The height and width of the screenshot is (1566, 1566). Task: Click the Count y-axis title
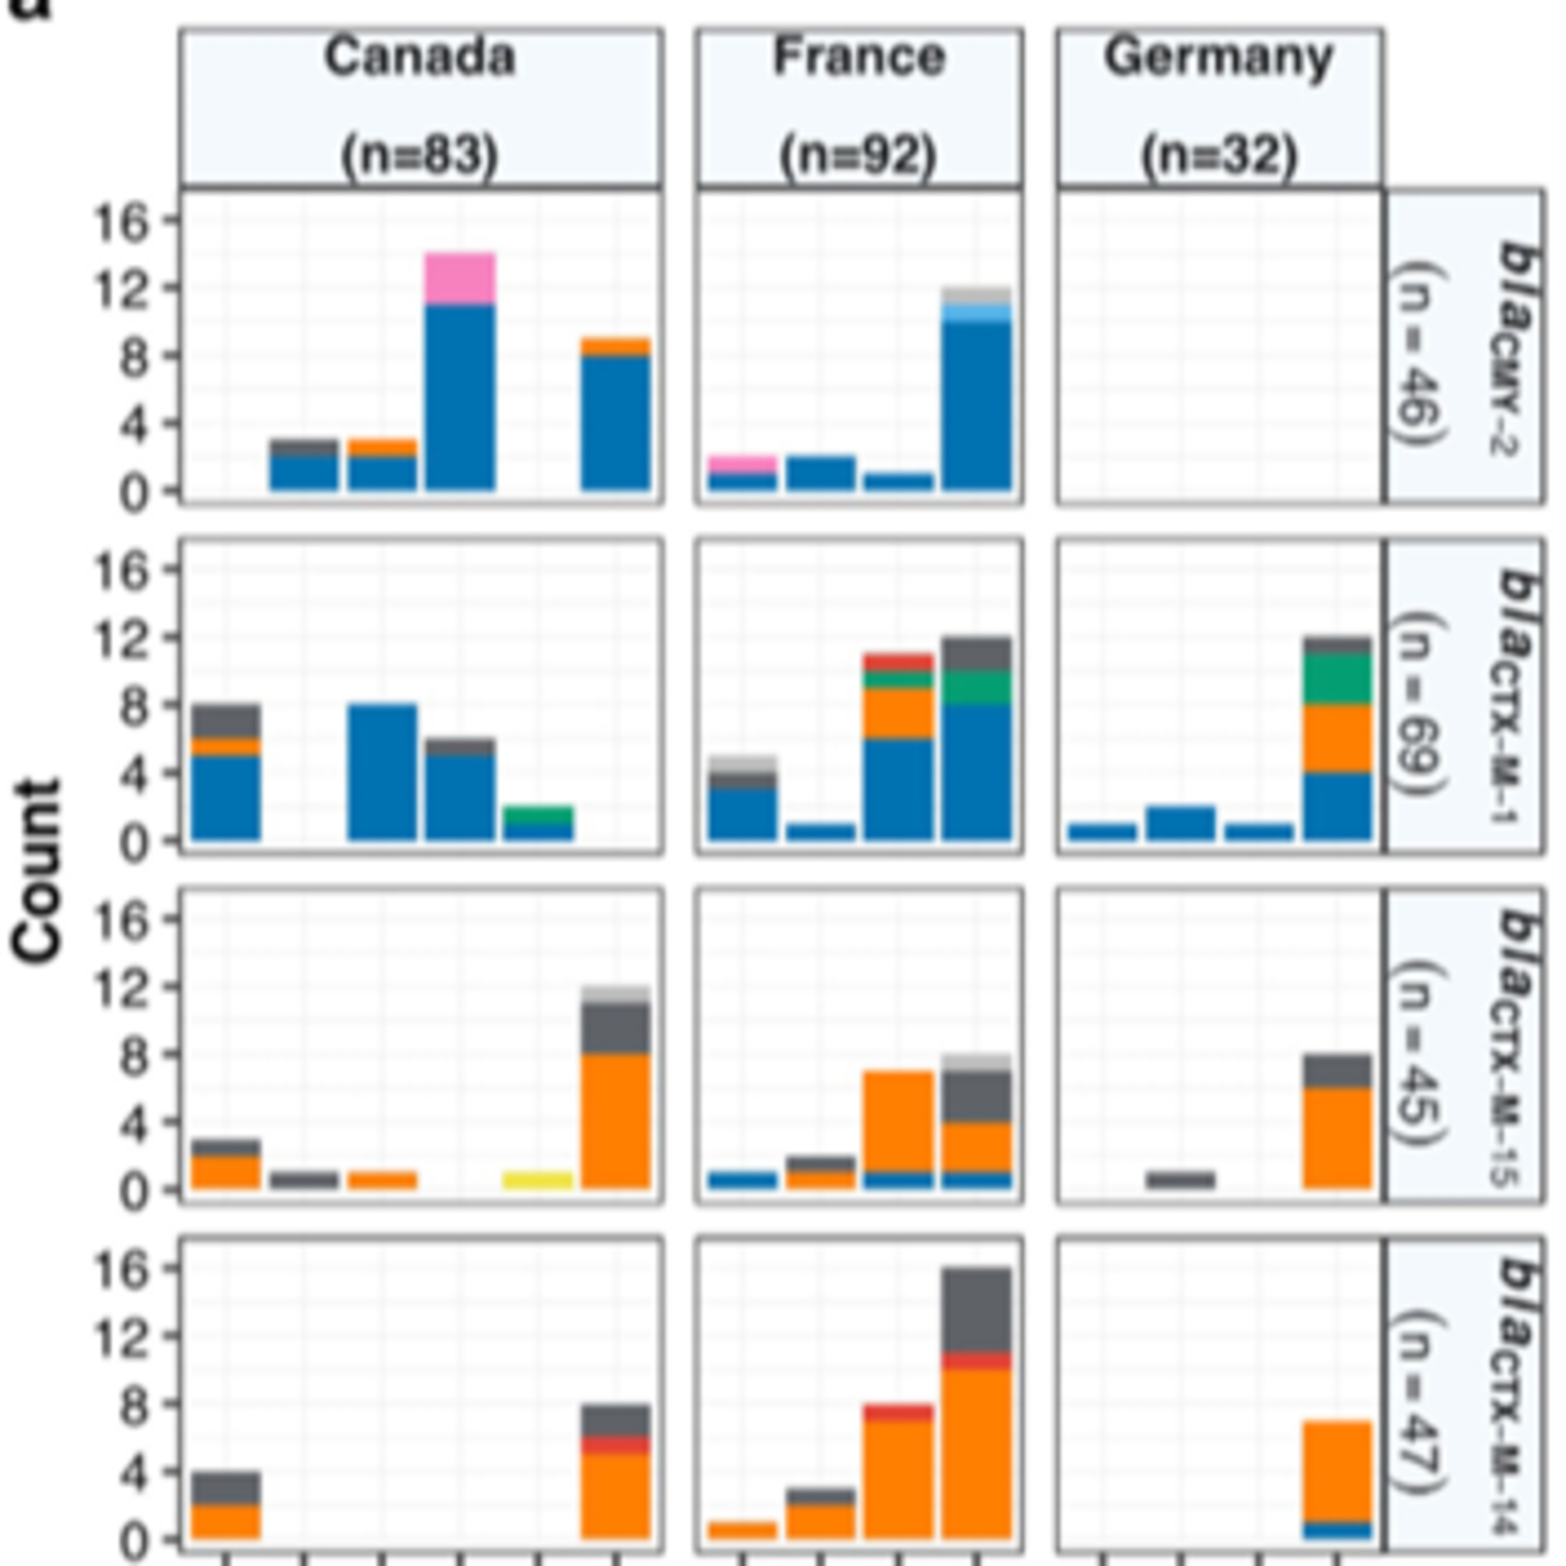37,871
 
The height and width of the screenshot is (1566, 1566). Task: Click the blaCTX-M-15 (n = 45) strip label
1464,1046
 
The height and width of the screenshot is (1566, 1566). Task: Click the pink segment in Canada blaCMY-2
460,279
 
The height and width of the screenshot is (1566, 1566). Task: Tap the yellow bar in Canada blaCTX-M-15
538,1180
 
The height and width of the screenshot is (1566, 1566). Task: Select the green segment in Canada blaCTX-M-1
538,815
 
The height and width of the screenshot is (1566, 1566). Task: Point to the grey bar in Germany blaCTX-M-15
1180,1180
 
